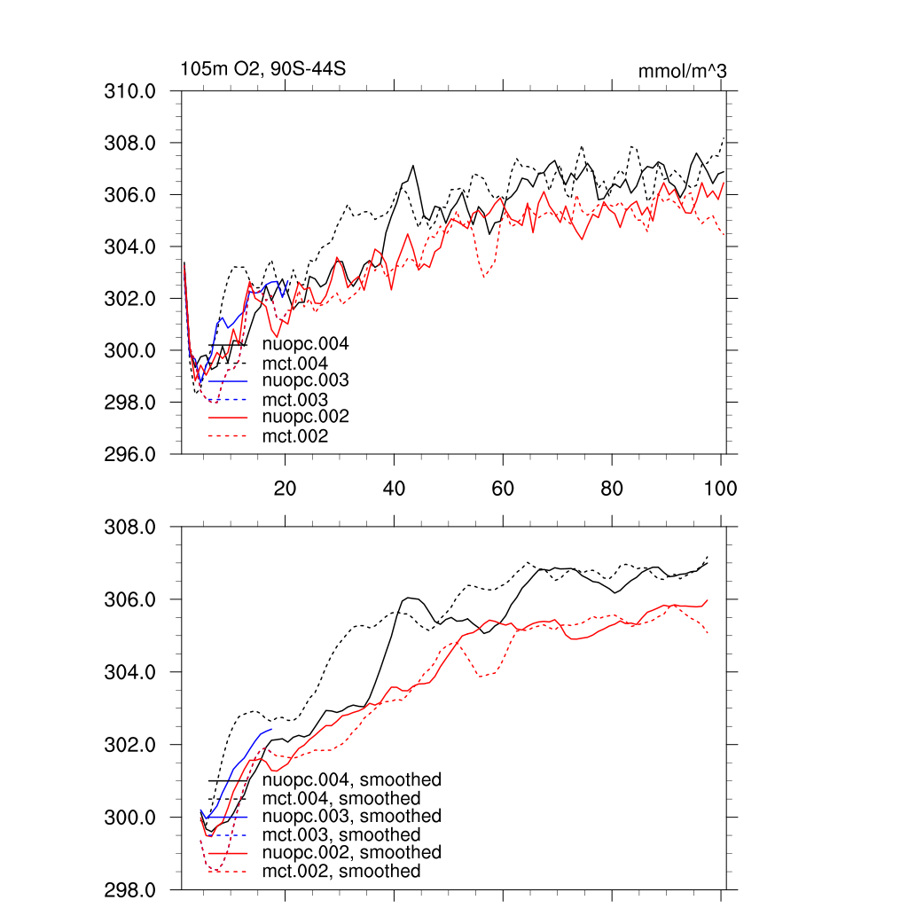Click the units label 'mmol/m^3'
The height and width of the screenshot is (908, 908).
[682, 71]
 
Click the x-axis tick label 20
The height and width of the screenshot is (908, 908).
[285, 488]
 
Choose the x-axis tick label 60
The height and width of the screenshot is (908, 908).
[503, 488]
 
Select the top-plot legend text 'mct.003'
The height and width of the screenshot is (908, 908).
[295, 400]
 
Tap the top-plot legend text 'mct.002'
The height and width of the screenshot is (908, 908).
[295, 436]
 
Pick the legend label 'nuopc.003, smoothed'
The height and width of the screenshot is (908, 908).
[352, 816]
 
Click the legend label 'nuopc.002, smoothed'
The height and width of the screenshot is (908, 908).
[352, 853]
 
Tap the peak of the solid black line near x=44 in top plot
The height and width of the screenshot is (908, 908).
[413, 166]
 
